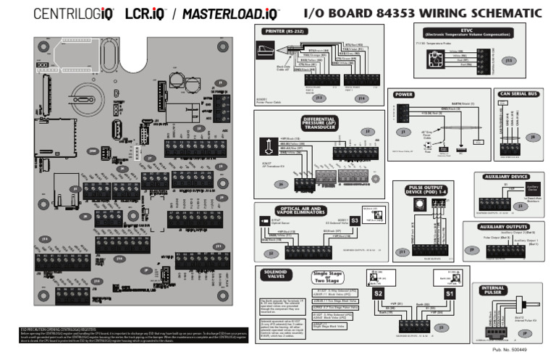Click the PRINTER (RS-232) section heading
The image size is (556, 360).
point(283,33)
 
